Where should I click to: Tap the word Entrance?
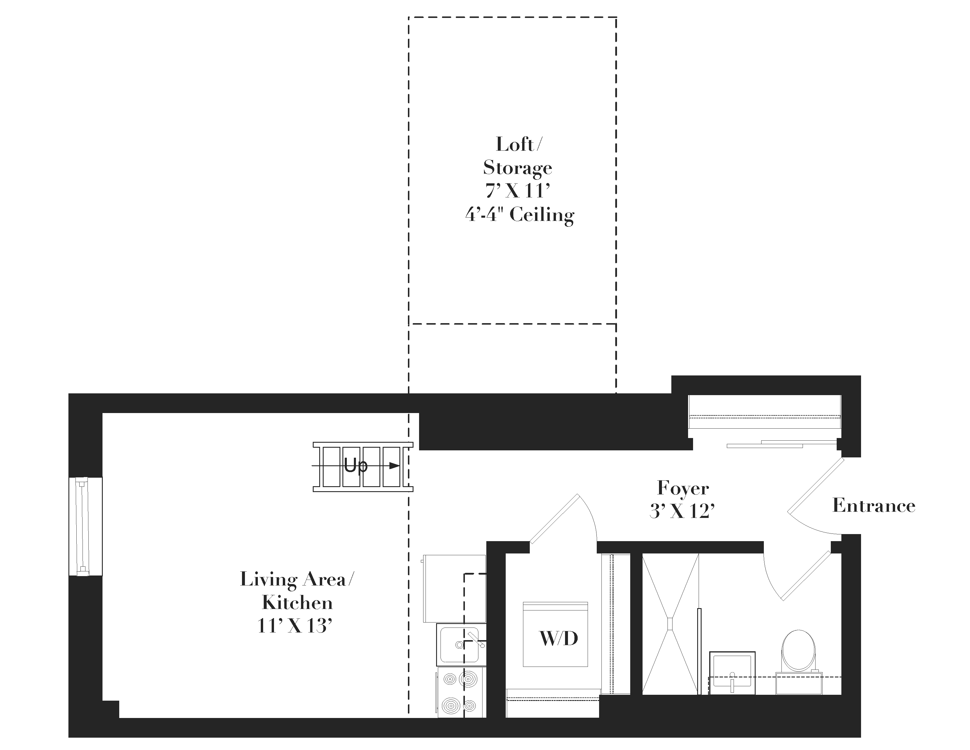(x=874, y=506)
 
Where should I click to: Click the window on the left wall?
(x=85, y=526)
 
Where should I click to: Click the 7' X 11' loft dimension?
(x=518, y=191)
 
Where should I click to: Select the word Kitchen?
(x=297, y=603)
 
